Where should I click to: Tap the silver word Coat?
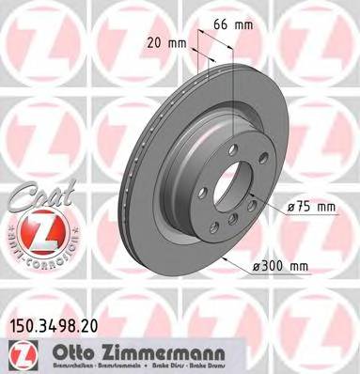(33, 194)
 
